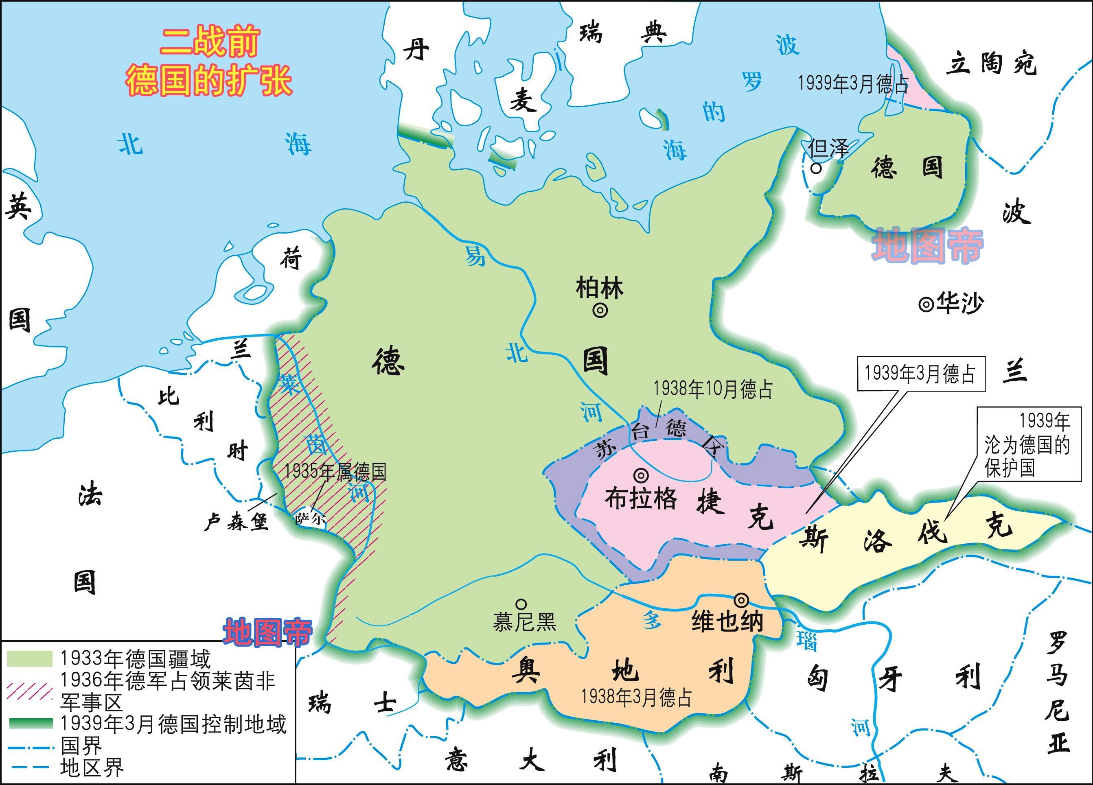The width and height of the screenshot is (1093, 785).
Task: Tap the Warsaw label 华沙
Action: pos(959,304)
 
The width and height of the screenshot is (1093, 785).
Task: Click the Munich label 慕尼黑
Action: pos(524,622)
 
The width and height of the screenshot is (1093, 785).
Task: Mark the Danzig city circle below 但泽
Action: pos(816,168)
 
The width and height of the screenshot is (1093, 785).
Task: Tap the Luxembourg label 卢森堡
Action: pos(236,522)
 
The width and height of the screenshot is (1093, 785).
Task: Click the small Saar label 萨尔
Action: pos(309,519)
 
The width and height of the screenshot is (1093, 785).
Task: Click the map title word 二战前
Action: pos(210,42)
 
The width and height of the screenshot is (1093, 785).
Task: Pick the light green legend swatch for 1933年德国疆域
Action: pos(29,659)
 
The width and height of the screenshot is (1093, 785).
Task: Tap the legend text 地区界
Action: pos(92,767)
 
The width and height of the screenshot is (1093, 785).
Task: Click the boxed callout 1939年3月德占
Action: pos(920,374)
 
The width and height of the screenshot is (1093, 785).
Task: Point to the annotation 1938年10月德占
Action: pos(712,389)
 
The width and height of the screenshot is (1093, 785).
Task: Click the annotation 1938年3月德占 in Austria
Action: pos(637,697)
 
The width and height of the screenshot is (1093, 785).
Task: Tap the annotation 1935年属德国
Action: pos(335,472)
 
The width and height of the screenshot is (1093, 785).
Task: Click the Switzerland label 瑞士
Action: pos(352,703)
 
